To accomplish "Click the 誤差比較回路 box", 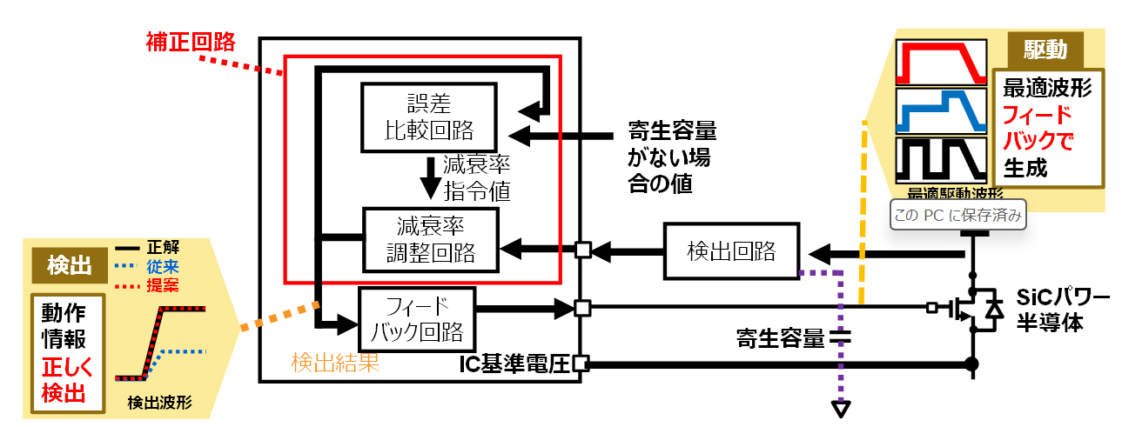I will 428,117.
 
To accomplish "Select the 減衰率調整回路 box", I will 430,241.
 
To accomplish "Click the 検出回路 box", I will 730,252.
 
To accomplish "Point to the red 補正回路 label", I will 188,42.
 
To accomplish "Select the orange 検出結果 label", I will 335,362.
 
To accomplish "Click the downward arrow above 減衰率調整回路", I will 430,177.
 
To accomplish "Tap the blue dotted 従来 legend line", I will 127,264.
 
